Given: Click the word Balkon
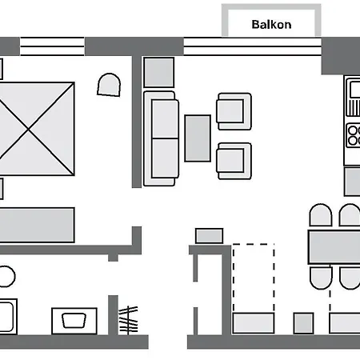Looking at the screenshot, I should (271, 24).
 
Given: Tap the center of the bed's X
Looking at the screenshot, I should (38, 128).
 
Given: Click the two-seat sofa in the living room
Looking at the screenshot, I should (162, 137).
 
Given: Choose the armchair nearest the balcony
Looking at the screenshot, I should (233, 110).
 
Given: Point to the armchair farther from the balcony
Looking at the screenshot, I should (234, 160).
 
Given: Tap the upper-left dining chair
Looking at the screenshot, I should (320, 217).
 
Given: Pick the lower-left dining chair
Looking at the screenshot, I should (320, 278).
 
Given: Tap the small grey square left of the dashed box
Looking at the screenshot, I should (209, 236).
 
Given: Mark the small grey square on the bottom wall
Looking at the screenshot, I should (303, 322).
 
